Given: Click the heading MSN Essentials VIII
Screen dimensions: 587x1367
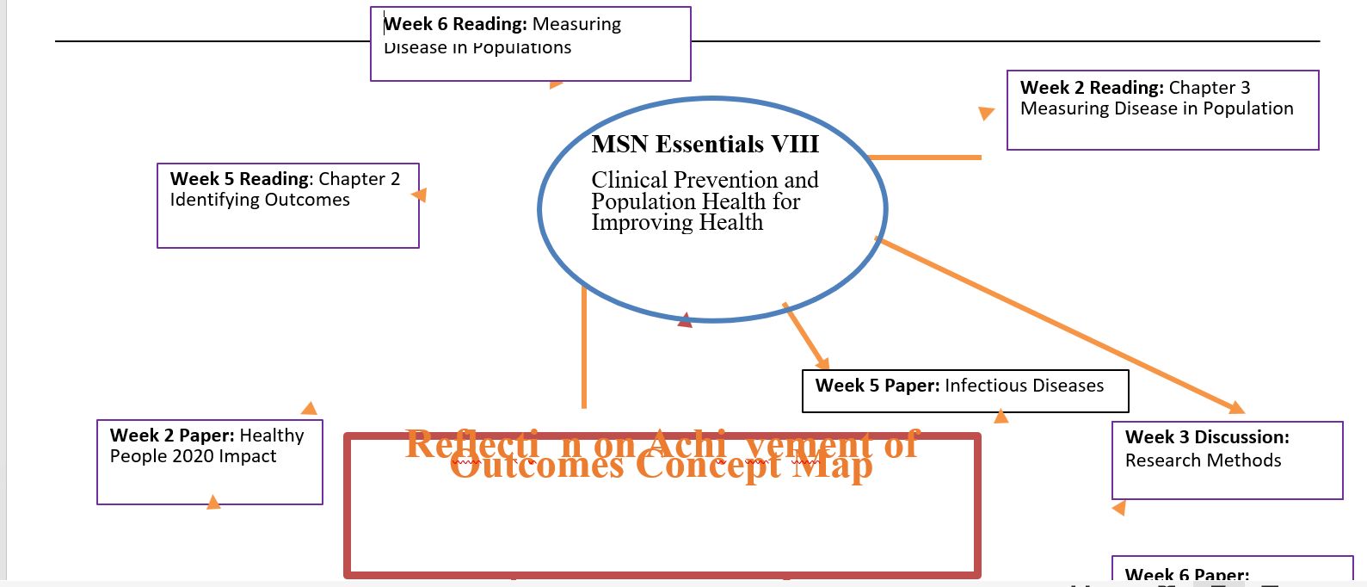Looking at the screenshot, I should pos(705,144).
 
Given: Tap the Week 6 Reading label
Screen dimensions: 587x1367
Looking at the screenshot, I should pos(455,24).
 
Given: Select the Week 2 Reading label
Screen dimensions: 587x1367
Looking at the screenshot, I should pos(1091,88).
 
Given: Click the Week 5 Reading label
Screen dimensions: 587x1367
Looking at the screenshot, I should pos(241,179).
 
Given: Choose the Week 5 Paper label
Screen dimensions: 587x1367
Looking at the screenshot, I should pos(877,386).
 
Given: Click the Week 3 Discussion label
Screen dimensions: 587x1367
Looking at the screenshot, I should pos(1206,437).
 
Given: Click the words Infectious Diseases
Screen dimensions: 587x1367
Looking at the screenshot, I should pos(1024,386).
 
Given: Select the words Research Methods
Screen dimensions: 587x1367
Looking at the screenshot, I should pos(1203,460).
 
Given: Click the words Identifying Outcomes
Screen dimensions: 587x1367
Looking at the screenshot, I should pos(260,200).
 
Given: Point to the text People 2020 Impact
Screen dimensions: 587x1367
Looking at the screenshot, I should pos(193,456).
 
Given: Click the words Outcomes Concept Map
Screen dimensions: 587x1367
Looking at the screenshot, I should pos(661,466).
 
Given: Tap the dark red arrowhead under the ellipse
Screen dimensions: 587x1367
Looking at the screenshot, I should pos(685,321).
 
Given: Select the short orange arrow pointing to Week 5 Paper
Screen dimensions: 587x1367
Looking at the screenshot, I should pos(806,337).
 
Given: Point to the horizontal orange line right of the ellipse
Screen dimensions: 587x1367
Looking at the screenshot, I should pos(925,158).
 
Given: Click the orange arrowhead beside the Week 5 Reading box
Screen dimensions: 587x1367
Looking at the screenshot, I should pos(420,195).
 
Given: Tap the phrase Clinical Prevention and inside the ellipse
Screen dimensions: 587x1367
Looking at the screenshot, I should pos(704,180).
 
